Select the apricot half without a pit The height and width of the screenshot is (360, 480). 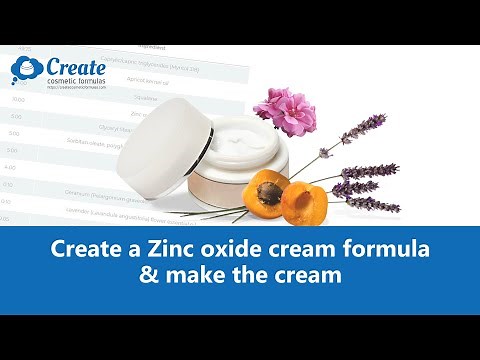pos(298,202)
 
